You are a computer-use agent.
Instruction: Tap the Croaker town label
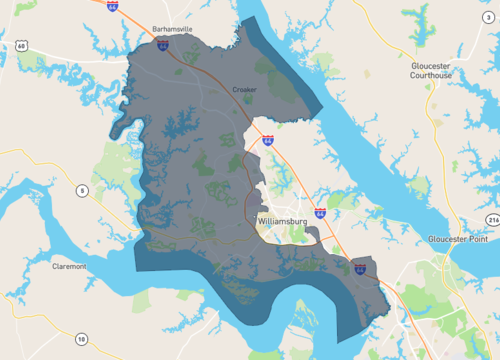pyautogui.click(x=245, y=89)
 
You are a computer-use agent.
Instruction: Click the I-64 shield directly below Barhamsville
pyautogui.click(x=162, y=45)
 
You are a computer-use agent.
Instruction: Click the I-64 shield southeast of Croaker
pyautogui.click(x=269, y=142)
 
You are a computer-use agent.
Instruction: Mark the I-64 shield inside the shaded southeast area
pyautogui.click(x=359, y=267)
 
